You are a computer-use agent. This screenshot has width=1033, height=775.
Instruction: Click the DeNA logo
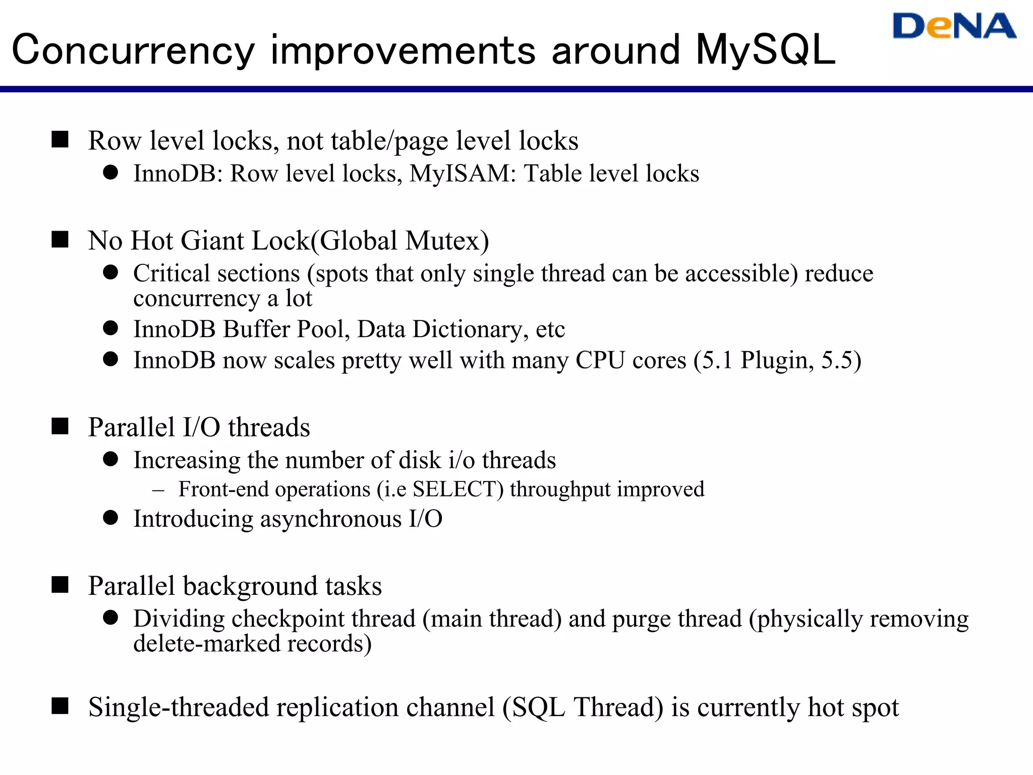click(954, 26)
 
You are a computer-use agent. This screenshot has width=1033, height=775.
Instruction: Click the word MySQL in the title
click(765, 50)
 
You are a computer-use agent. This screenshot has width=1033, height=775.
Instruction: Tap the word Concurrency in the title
click(133, 50)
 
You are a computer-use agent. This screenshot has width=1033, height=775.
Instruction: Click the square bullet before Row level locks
click(60, 139)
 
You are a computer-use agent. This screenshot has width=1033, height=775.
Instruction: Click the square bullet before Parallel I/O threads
click(60, 426)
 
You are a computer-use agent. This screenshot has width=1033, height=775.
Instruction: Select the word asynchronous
click(330, 519)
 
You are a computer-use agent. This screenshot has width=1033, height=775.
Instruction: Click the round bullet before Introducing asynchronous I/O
click(110, 518)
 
